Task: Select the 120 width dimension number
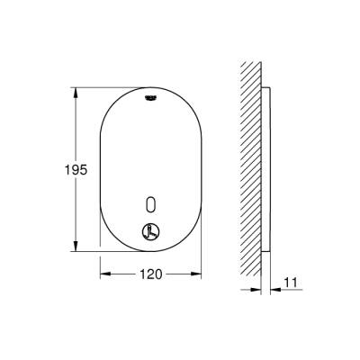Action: (x=151, y=274)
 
